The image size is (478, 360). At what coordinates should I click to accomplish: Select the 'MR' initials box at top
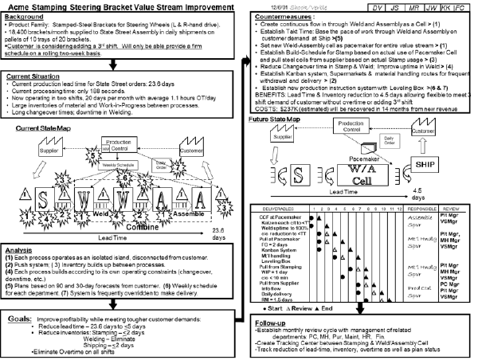click(402, 7)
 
